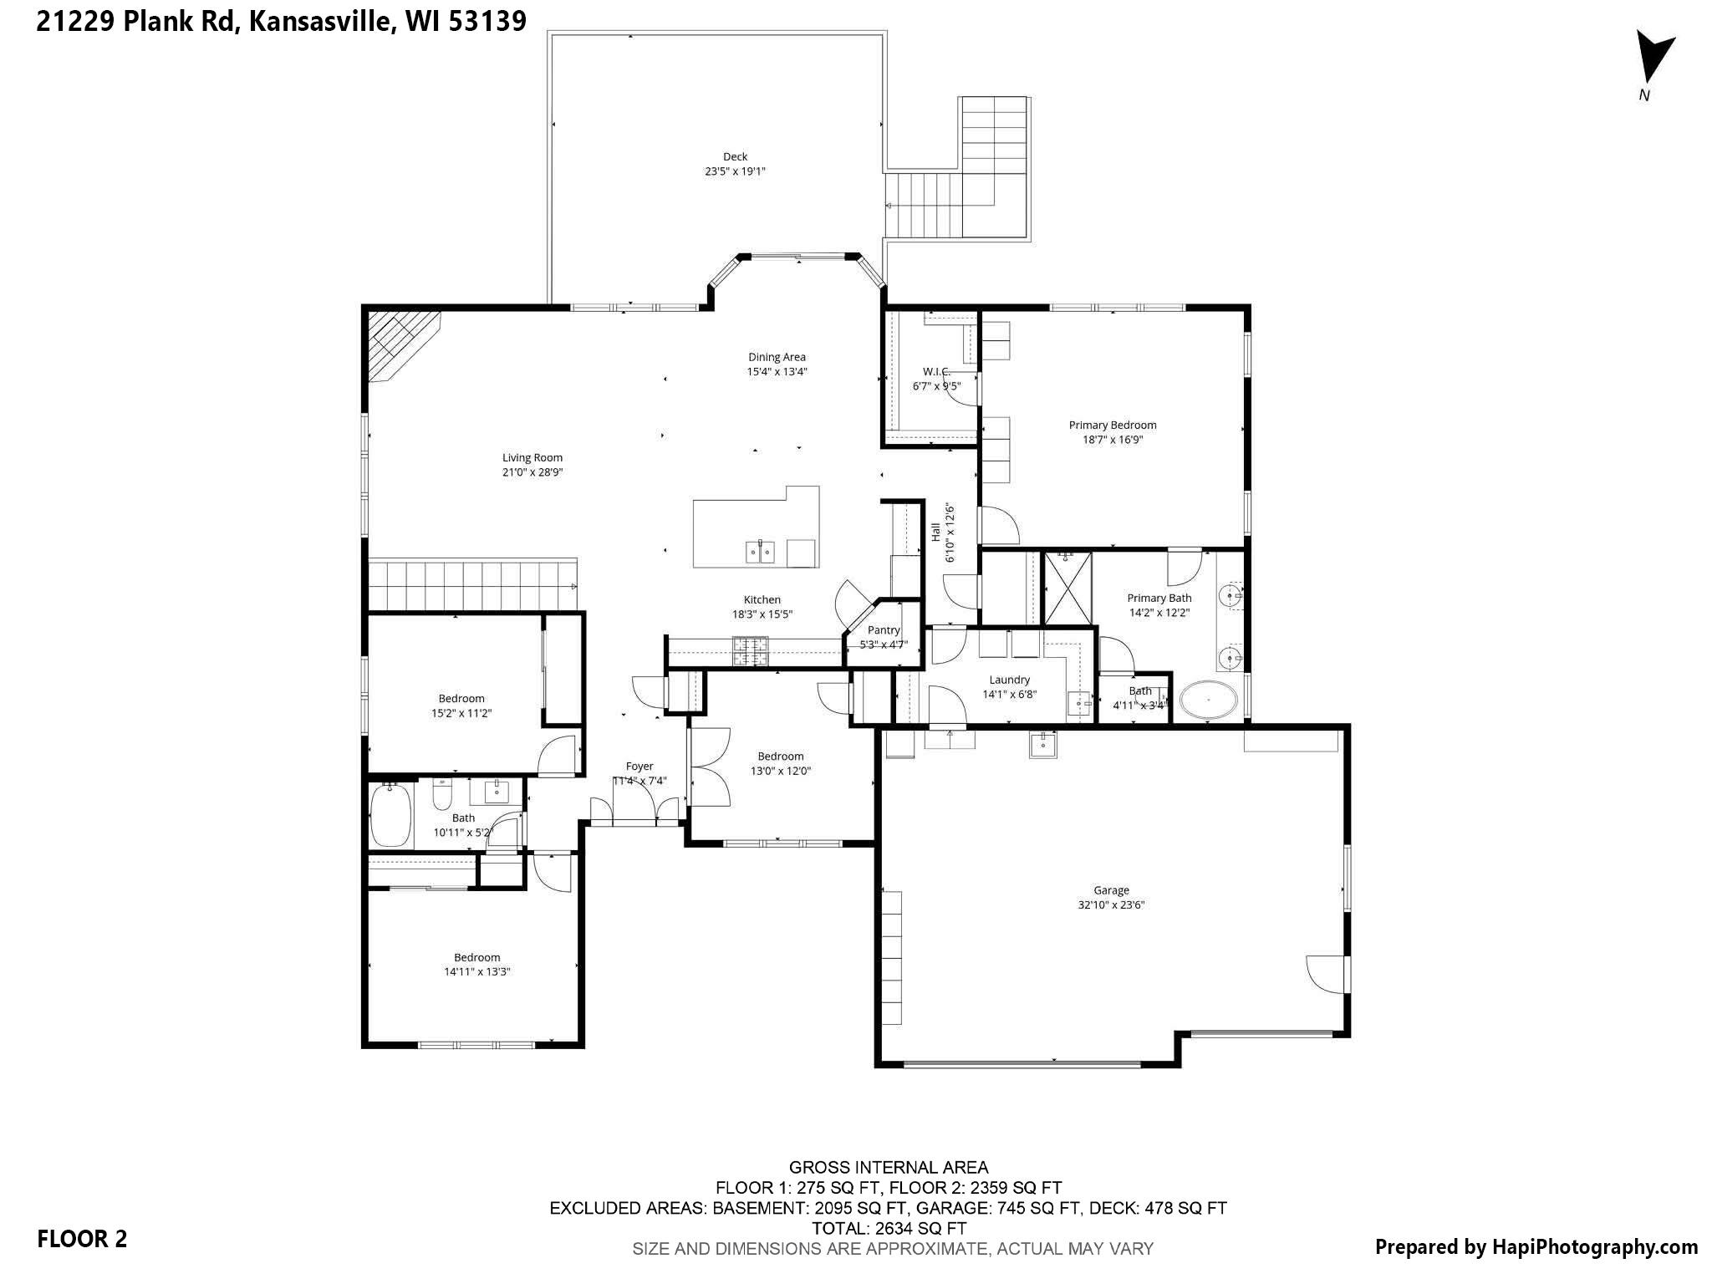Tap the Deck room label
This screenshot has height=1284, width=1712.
tap(735, 156)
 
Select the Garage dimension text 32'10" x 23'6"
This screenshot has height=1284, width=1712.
tap(1111, 904)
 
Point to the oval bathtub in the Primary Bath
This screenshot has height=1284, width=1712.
tap(1208, 701)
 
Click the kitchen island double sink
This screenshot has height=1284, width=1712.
tap(761, 552)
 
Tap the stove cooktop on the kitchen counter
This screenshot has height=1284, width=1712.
tap(751, 651)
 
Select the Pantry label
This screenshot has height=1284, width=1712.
tap(884, 630)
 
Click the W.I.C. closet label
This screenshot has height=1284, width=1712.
tap(935, 371)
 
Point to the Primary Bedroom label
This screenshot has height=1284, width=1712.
tap(1113, 425)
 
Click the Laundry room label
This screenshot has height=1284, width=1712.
tap(1009, 680)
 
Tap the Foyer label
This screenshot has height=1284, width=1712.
tap(639, 766)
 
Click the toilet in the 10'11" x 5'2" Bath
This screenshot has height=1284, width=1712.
tap(442, 794)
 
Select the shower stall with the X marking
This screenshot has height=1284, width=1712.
tap(1067, 588)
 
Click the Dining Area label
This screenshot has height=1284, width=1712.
tap(777, 357)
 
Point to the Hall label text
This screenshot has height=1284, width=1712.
tap(935, 532)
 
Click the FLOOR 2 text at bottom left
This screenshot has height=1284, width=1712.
tap(82, 1239)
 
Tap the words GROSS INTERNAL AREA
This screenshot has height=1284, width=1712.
tap(888, 1167)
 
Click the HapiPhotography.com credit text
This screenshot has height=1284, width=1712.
tap(1536, 1247)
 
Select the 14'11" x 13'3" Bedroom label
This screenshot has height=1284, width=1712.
tap(477, 957)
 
